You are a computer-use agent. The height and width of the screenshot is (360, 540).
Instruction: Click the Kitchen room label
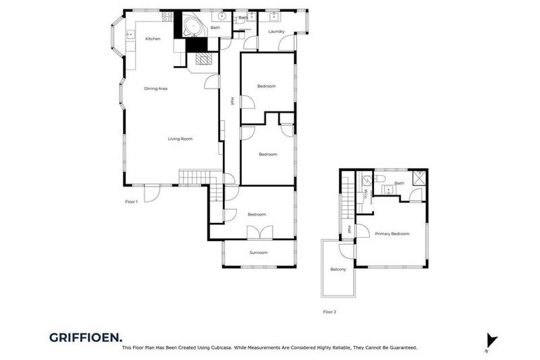pyautogui.click(x=153, y=39)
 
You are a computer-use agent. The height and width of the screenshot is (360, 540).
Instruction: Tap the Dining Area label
pyautogui.click(x=155, y=89)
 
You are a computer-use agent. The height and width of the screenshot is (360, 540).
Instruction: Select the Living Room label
pyautogui.click(x=180, y=139)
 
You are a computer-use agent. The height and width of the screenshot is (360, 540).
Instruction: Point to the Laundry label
pyautogui.click(x=276, y=32)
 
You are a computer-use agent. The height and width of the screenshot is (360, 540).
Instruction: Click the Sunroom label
pyautogui.click(x=258, y=252)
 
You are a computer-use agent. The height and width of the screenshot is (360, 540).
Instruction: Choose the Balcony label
pyautogui.click(x=337, y=269)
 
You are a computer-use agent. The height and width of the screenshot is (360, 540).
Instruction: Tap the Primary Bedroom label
pyautogui.click(x=392, y=233)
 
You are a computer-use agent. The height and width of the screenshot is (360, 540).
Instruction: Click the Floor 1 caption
pyautogui.click(x=131, y=202)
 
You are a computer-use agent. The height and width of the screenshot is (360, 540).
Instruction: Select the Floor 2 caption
pyautogui.click(x=329, y=311)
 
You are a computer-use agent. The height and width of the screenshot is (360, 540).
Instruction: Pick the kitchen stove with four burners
pyautogui.click(x=168, y=16)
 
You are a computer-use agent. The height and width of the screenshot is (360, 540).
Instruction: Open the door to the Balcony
pyautogui.click(x=345, y=247)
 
